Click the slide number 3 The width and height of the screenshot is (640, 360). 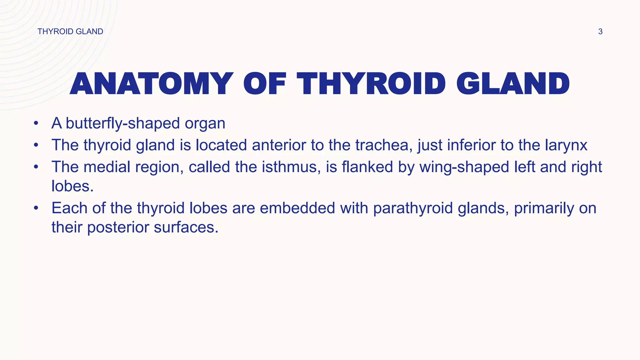click(x=600, y=32)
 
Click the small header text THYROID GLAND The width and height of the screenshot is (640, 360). click(x=70, y=32)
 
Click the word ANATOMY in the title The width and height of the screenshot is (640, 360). click(x=152, y=84)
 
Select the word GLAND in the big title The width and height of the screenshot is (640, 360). click(x=513, y=84)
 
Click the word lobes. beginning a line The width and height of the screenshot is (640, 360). click(x=72, y=186)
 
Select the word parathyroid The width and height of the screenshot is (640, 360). click(x=413, y=208)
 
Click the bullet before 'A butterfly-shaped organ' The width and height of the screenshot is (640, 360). click(x=36, y=123)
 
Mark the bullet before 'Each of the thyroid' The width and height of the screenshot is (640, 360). click(x=36, y=208)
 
